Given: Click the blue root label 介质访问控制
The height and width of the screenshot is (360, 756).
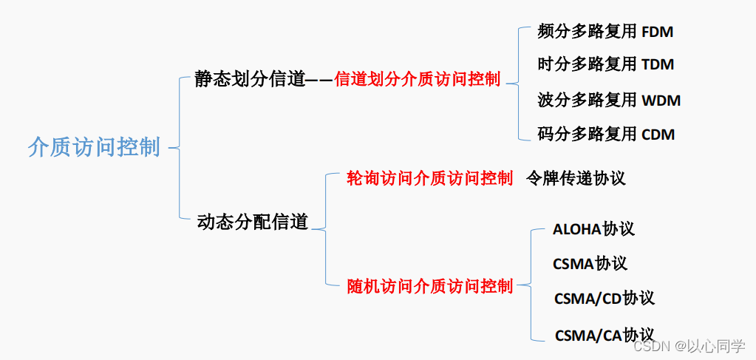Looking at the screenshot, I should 94,147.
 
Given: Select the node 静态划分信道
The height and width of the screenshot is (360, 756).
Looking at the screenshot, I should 250,79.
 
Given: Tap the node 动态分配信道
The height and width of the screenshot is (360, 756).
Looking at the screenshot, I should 253,222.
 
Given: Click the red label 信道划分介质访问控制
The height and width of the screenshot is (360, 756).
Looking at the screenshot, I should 418,80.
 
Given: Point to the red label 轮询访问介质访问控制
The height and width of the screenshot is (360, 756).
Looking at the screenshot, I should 429,178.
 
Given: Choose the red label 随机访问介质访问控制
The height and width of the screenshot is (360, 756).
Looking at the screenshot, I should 429,287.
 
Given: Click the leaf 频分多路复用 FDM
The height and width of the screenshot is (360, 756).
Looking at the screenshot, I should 605,32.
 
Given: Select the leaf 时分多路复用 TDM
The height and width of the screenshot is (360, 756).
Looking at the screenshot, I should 606,64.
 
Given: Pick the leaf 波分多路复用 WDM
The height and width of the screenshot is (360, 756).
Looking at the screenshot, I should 609,100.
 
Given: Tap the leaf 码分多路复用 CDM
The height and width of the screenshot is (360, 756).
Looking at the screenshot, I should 606,135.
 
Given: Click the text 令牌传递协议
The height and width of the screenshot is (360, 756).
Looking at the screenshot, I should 576,178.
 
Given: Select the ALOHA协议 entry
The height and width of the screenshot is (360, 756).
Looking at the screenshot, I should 593,229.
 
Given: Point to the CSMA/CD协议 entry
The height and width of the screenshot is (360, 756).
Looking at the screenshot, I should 604,299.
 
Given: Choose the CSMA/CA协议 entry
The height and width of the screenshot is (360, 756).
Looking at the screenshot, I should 605,335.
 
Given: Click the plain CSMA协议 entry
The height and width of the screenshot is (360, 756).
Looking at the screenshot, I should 590,264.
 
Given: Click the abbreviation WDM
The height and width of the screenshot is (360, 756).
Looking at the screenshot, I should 661,100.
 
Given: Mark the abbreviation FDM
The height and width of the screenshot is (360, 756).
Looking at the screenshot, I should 657,33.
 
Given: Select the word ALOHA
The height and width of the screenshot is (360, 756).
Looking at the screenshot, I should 577,229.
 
